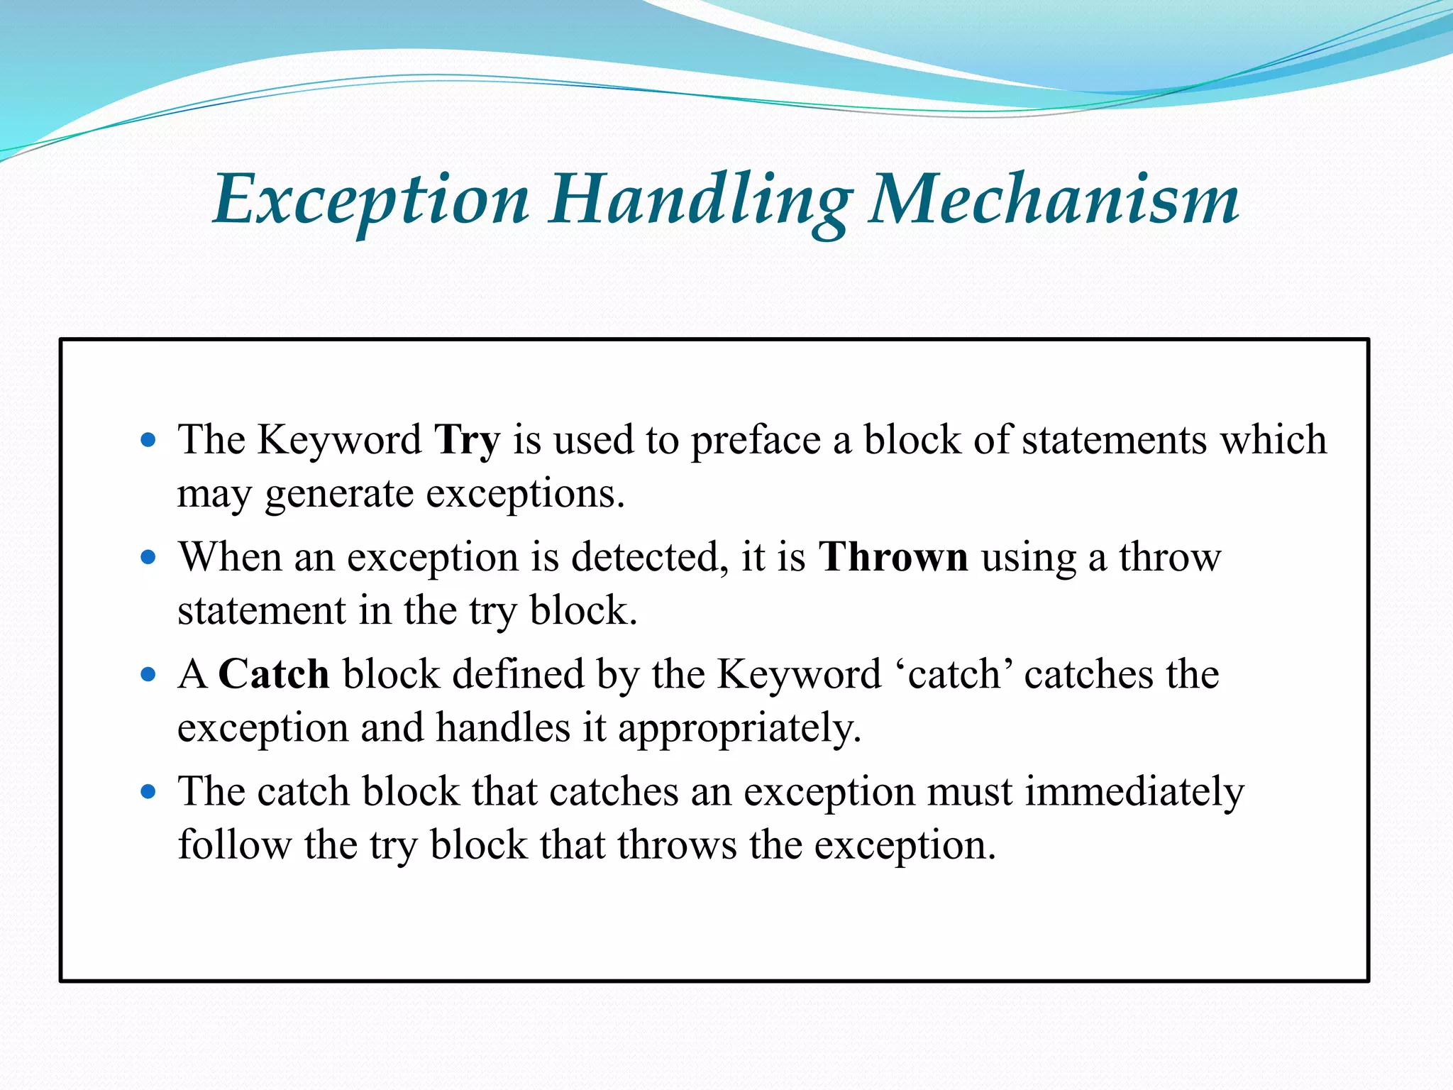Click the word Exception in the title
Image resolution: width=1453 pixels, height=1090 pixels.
pos(371,201)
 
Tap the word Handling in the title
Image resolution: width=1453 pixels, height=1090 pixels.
pos(700,201)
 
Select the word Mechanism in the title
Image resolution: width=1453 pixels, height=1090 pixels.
pos(1054,201)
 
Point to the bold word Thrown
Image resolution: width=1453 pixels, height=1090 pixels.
pos(893,557)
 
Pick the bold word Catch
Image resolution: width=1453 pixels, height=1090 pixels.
pos(274,674)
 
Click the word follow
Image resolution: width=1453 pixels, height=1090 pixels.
pos(234,844)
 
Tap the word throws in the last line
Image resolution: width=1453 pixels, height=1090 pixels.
pos(677,844)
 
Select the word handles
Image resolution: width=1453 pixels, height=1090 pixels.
pos(503,727)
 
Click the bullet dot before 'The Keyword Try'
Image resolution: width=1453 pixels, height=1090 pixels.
pos(148,440)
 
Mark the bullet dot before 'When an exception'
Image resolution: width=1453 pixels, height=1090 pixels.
pos(148,557)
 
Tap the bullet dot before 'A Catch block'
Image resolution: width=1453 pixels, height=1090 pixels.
pos(148,674)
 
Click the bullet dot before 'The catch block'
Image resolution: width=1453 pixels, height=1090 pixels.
pos(148,791)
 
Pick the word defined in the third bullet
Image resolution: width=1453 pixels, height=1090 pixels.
pos(518,674)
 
